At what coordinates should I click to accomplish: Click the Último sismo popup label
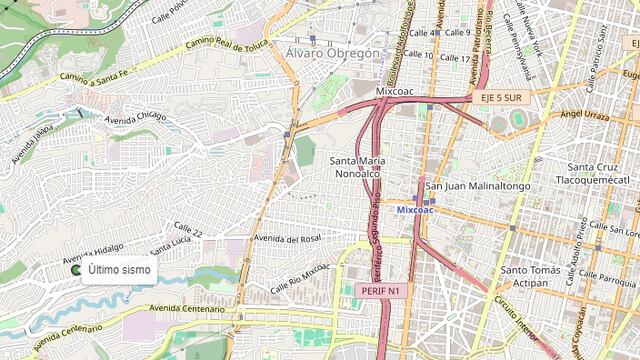[x=119, y=270]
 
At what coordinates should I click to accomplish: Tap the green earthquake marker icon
[x=76, y=270]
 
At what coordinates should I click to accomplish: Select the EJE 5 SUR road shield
[x=499, y=98]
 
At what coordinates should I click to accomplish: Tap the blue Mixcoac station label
[x=415, y=211]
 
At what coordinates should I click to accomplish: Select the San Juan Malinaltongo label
[x=478, y=186]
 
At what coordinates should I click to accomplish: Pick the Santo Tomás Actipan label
[x=538, y=276]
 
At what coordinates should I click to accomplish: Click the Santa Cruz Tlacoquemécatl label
[x=601, y=174]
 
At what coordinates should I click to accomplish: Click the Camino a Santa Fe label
[x=94, y=71]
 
